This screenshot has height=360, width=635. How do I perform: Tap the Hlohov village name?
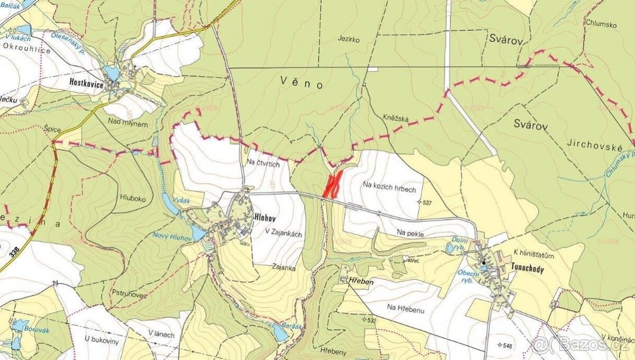click(266, 217)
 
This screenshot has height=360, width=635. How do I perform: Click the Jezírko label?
click(349, 39)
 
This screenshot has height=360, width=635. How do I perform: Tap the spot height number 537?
click(427, 203)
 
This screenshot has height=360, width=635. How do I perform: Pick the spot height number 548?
click(507, 345)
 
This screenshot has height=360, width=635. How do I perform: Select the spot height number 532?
click(371, 320)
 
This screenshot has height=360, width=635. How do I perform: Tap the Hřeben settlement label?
click(362, 282)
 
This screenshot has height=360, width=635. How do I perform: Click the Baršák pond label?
click(293, 327)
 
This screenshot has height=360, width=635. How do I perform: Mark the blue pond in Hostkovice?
click(112, 72)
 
